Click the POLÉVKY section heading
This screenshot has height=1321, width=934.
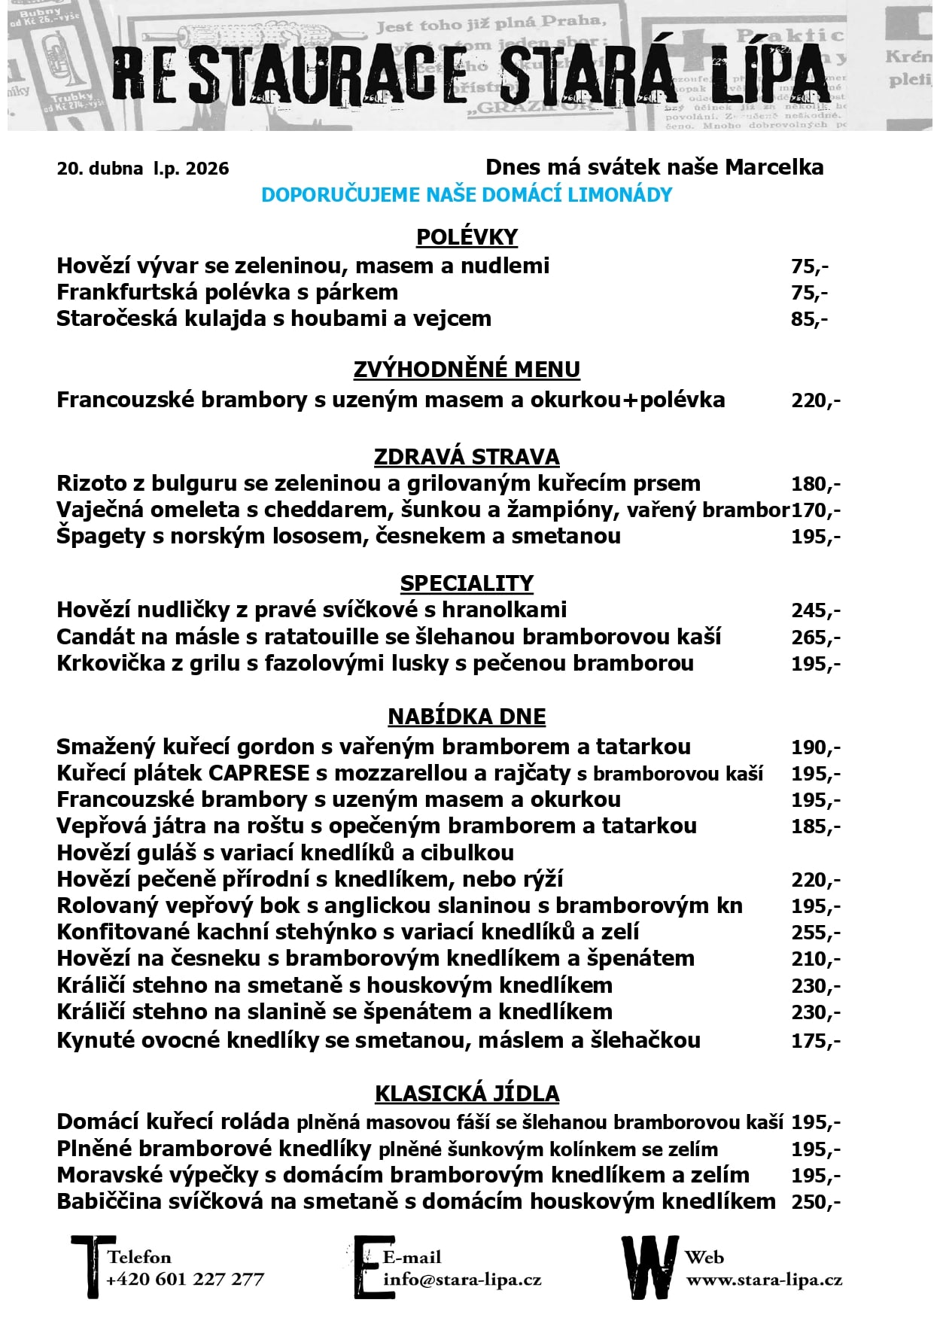(x=467, y=236)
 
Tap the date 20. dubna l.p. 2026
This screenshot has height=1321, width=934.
(x=143, y=169)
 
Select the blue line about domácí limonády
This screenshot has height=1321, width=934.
(x=467, y=195)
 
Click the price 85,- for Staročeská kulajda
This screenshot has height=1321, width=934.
(x=809, y=319)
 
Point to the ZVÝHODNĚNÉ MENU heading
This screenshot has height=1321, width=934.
(x=467, y=370)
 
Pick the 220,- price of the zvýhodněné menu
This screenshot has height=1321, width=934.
(x=815, y=400)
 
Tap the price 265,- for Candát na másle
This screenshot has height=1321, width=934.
(x=815, y=638)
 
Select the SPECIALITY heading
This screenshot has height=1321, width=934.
(x=467, y=583)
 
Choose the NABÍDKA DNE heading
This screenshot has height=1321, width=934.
(x=467, y=717)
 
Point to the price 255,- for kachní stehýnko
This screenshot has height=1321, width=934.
(x=815, y=933)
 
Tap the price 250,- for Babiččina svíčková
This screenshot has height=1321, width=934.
(x=815, y=1201)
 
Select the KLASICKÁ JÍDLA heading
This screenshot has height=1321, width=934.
(x=467, y=1094)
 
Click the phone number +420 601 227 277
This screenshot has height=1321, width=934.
(x=185, y=1280)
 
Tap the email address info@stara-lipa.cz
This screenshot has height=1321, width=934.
(x=462, y=1280)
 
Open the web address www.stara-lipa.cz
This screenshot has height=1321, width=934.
(x=764, y=1280)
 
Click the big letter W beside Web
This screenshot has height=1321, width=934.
(x=649, y=1267)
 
